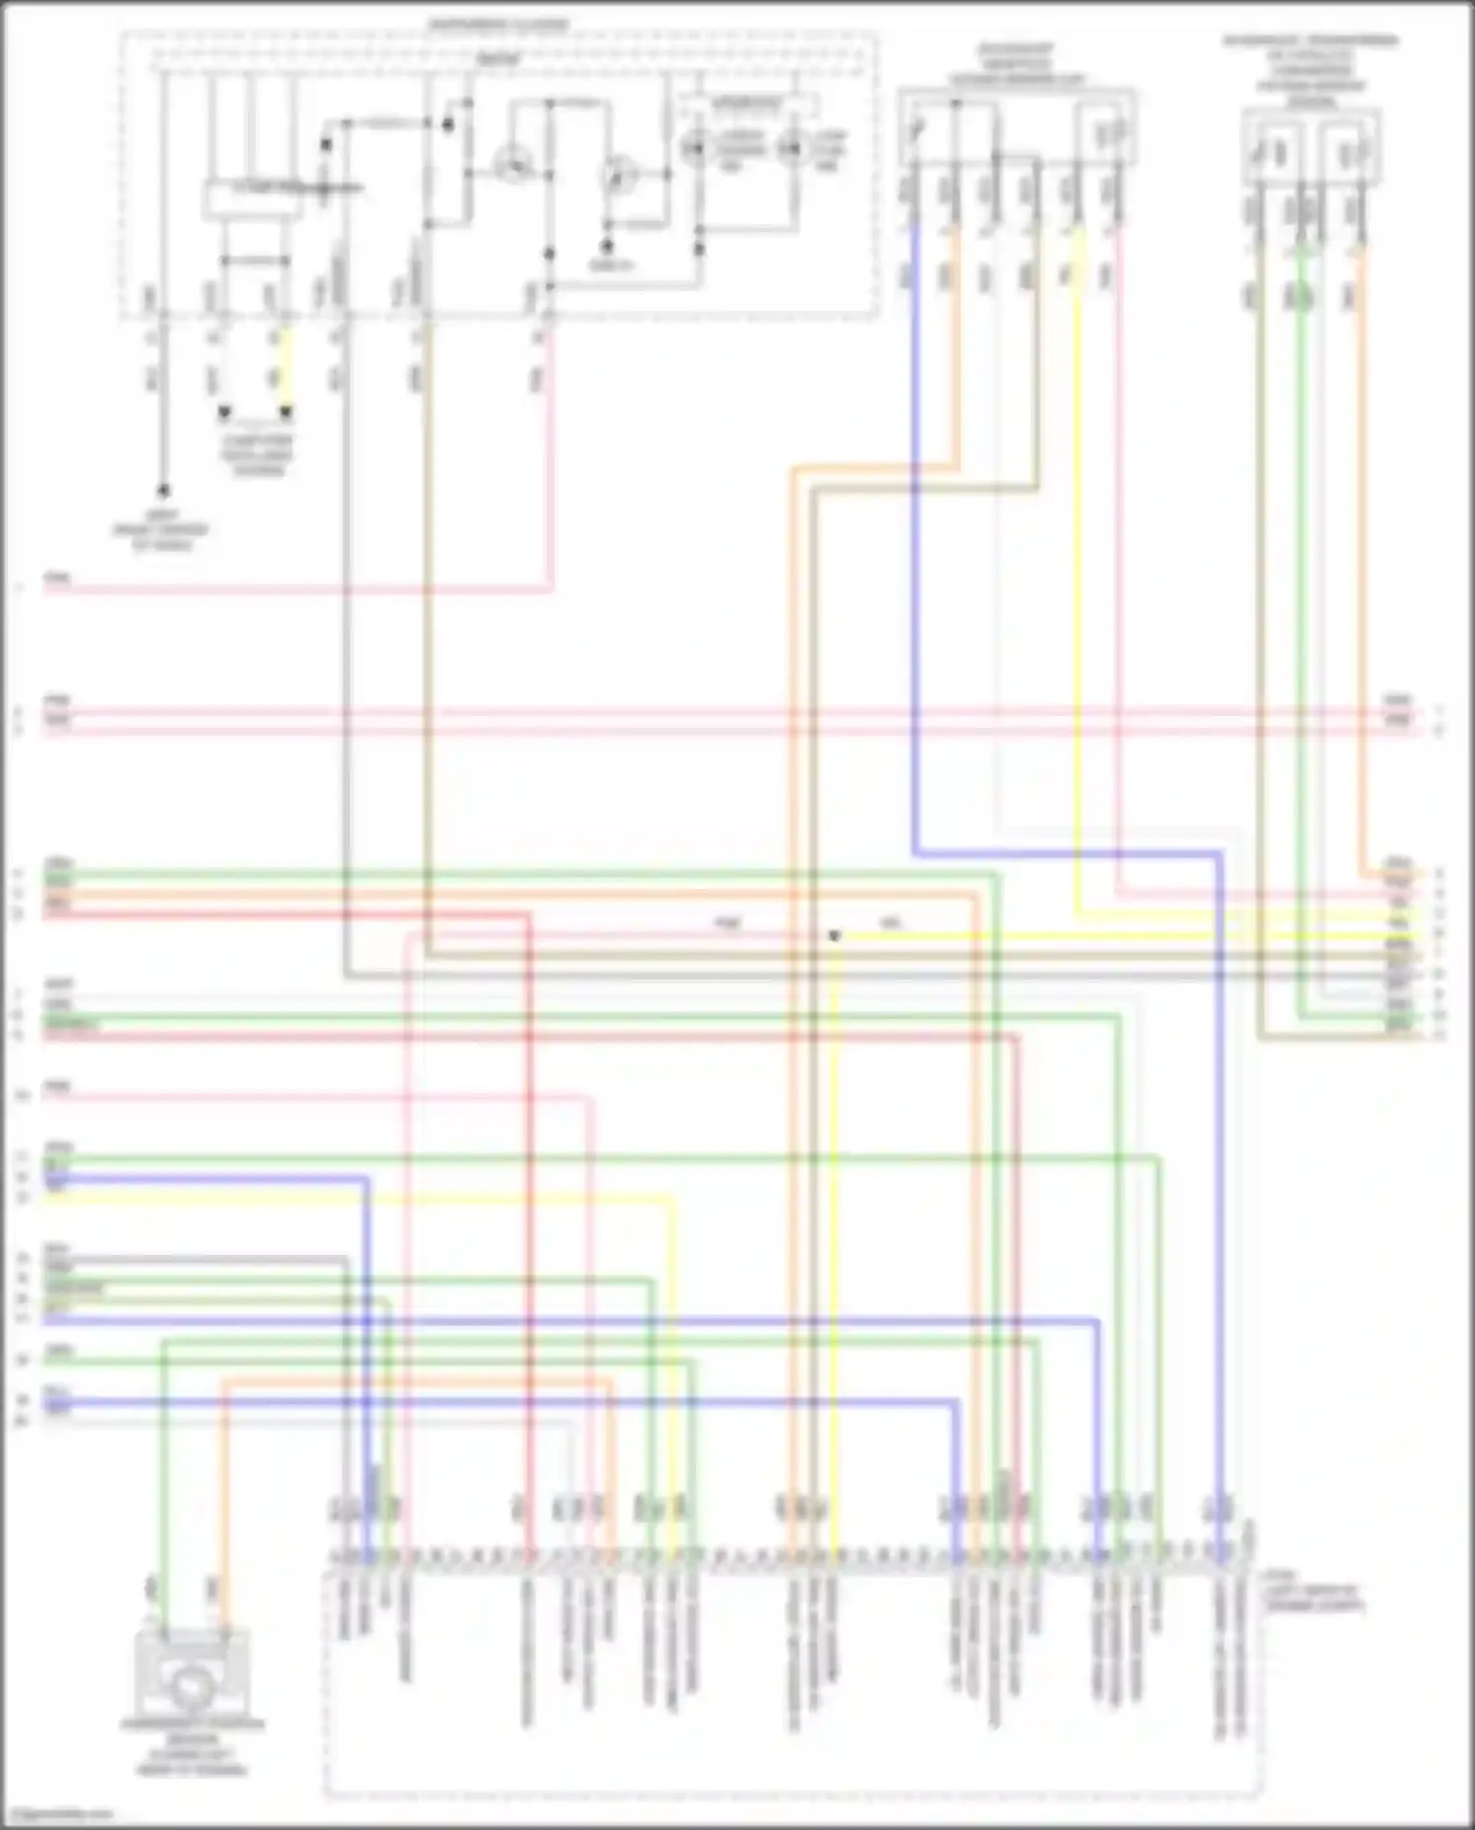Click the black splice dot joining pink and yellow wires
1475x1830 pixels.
[834, 935]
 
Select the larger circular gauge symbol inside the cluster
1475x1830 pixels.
[511, 163]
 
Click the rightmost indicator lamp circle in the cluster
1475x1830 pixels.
[791, 149]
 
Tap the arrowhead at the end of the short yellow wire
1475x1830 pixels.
[285, 412]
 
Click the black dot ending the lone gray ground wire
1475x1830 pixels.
[163, 490]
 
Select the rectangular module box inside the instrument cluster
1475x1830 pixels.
[253, 199]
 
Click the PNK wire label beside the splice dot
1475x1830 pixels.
[727, 922]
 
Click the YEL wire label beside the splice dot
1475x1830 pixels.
[890, 922]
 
